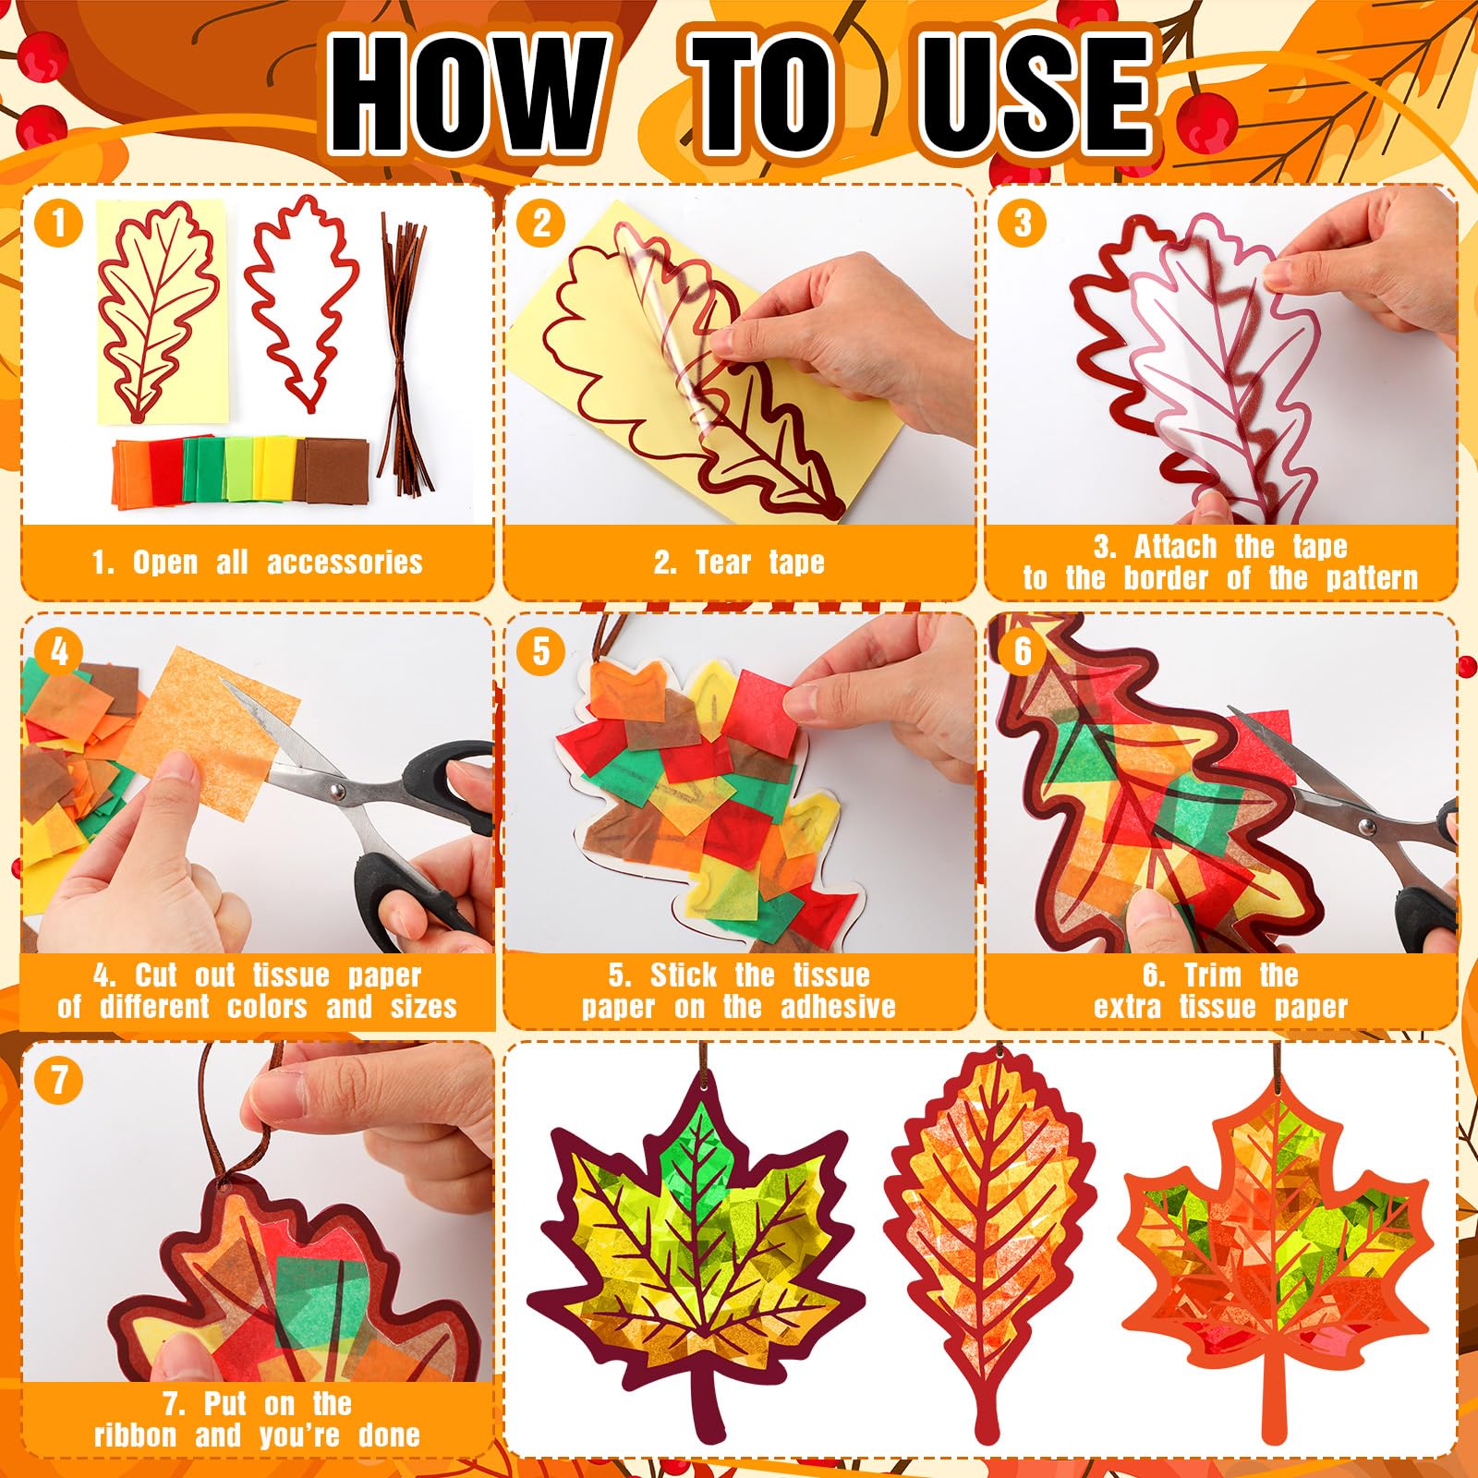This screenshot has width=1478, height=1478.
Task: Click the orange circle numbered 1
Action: pyautogui.click(x=59, y=223)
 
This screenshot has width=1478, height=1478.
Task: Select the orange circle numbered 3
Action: pyautogui.click(x=1022, y=223)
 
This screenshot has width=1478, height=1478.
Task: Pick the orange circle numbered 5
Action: pyautogui.click(x=541, y=651)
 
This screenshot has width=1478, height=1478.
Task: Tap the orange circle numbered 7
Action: pyautogui.click(x=59, y=1080)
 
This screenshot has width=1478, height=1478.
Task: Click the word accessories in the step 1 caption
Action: pyautogui.click(x=345, y=562)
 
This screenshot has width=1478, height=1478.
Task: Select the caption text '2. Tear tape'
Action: pyautogui.click(x=739, y=562)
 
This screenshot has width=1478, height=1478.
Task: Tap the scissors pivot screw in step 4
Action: pyautogui.click(x=336, y=791)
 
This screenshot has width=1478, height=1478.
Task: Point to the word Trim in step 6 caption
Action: pyautogui.click(x=1213, y=975)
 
